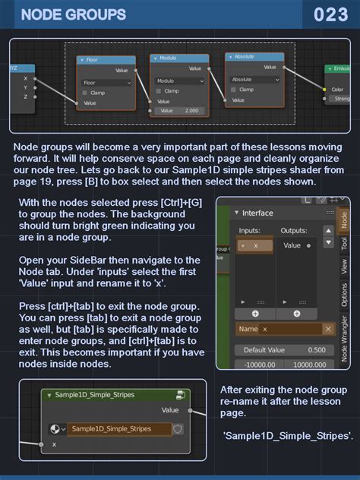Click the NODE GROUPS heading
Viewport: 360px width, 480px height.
(x=74, y=14)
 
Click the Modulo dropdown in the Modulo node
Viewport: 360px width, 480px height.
(x=178, y=81)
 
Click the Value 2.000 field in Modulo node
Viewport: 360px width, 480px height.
(x=179, y=110)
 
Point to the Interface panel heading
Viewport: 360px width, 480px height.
(x=257, y=213)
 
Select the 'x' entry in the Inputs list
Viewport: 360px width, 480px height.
(x=254, y=246)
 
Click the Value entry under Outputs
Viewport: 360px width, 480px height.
(x=292, y=246)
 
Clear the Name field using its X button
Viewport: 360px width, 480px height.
(x=328, y=329)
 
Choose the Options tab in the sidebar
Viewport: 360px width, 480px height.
(x=344, y=295)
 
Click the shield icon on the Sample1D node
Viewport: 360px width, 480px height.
(x=178, y=429)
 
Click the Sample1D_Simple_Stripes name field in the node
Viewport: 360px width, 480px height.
(x=119, y=429)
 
